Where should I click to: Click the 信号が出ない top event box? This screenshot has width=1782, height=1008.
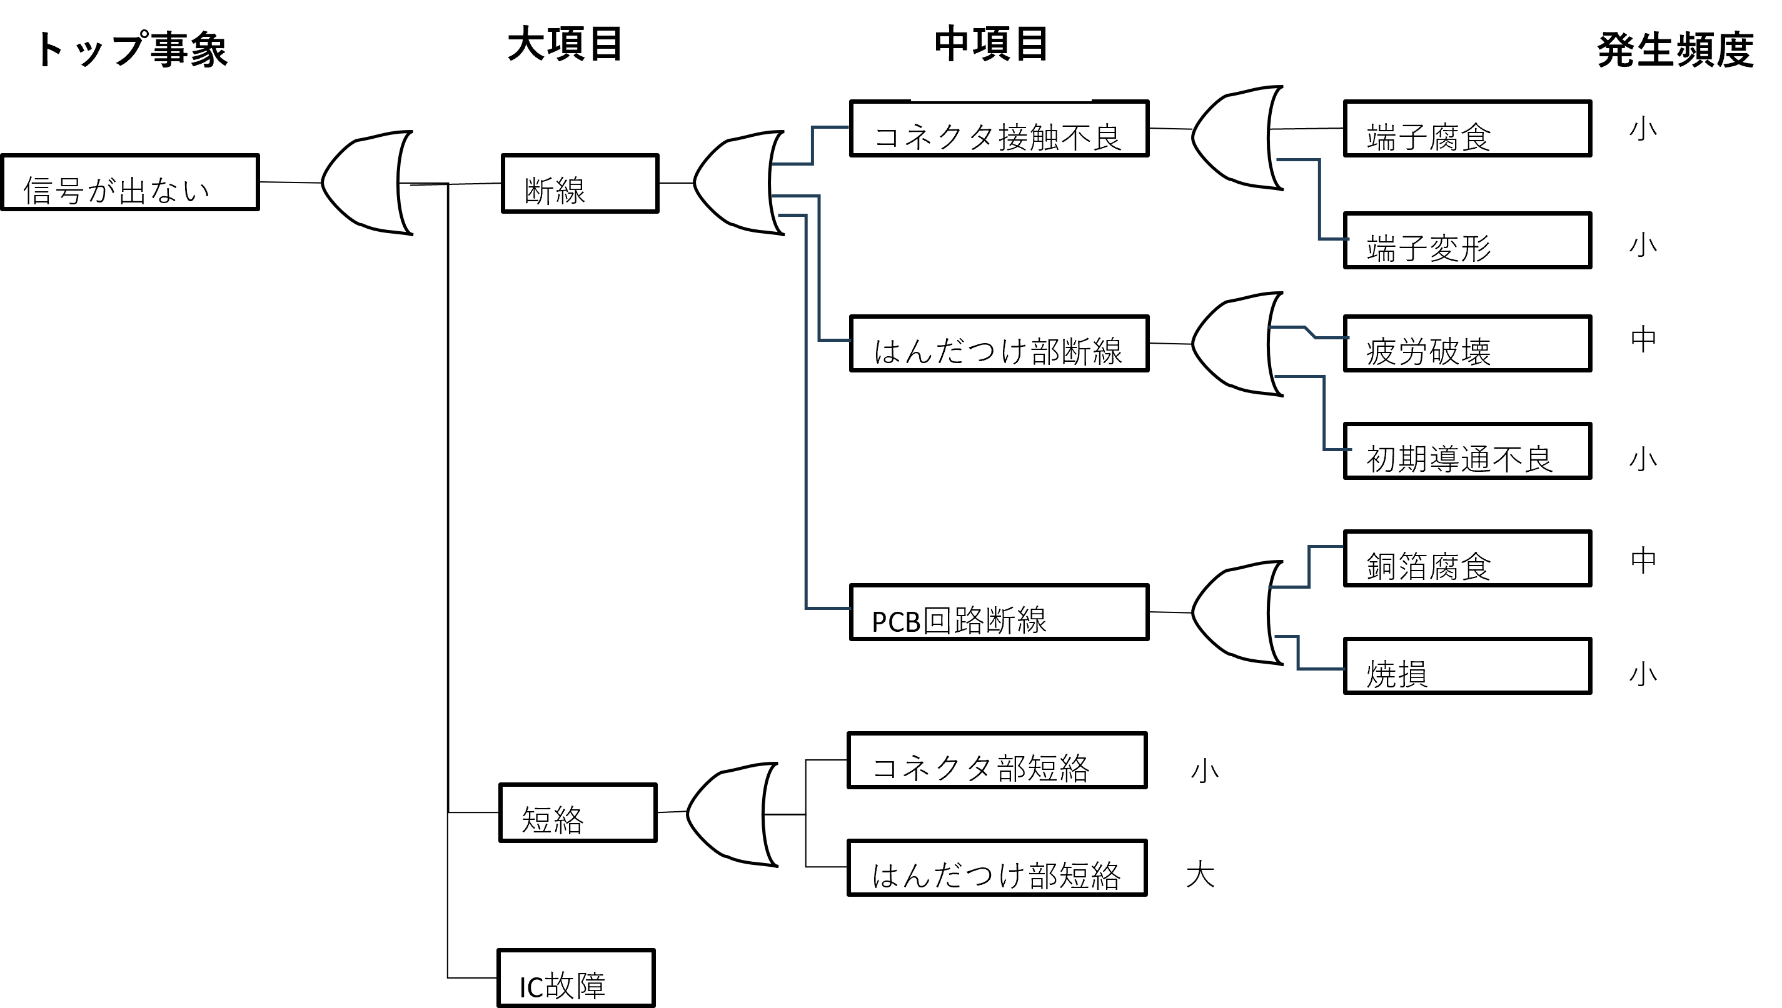click(x=129, y=182)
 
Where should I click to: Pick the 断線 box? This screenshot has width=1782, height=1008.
click(x=580, y=184)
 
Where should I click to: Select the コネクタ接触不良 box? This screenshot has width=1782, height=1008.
click(x=999, y=129)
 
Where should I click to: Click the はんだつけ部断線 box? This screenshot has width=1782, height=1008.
click(x=999, y=343)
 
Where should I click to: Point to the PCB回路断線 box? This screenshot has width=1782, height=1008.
click(x=999, y=612)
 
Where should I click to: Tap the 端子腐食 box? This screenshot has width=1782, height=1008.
click(x=1467, y=129)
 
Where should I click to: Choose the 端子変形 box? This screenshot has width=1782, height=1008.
click(x=1467, y=240)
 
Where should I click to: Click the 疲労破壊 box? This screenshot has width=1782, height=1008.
click(x=1467, y=343)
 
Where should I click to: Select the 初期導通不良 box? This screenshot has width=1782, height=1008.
click(x=1467, y=451)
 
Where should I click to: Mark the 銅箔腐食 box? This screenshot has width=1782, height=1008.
click(x=1467, y=558)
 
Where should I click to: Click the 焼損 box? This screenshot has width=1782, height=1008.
click(x=1467, y=666)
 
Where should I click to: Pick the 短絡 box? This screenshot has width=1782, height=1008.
click(x=578, y=813)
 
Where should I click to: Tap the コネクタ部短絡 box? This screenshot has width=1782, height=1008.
click(x=997, y=760)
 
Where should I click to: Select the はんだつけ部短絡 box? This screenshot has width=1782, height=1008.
click(x=997, y=867)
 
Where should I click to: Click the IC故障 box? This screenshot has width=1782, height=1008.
click(x=575, y=977)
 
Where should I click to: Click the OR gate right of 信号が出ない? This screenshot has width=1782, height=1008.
click(x=367, y=182)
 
